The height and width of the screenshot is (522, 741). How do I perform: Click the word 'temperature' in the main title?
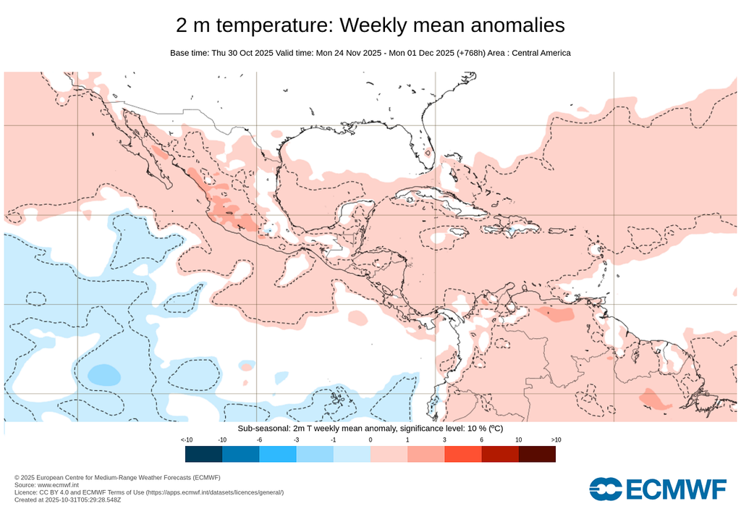point(276,25)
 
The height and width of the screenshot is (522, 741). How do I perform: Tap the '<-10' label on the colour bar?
point(186,440)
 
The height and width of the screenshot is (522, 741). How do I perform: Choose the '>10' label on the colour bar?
point(556,440)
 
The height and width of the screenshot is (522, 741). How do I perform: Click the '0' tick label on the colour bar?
point(370,440)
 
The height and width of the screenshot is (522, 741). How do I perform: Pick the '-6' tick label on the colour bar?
point(260,440)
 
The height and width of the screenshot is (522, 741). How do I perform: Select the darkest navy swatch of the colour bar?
point(203,454)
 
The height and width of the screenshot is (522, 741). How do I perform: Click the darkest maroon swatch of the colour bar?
point(537,454)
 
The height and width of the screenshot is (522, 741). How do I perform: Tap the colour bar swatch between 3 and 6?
point(463,454)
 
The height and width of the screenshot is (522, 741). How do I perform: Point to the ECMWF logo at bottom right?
point(657,489)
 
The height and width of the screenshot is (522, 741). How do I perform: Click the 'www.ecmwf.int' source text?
point(58,485)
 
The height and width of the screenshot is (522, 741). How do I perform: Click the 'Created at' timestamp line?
point(69,500)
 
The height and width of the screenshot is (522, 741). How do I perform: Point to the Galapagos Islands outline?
point(335,397)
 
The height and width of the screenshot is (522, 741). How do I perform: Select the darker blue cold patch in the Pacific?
point(103,374)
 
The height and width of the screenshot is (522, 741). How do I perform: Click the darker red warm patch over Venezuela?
point(555,314)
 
